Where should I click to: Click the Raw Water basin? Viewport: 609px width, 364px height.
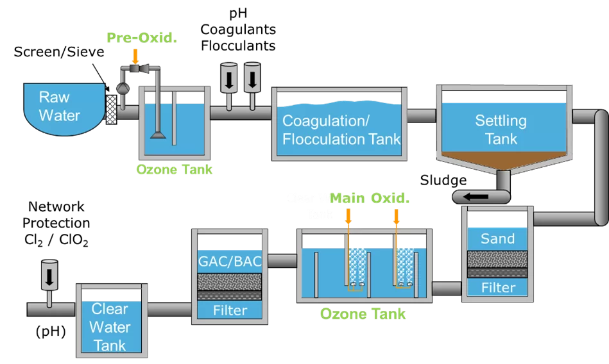click(60, 106)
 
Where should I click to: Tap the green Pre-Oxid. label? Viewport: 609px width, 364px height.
click(142, 38)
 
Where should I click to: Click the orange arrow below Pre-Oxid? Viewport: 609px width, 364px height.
click(135, 56)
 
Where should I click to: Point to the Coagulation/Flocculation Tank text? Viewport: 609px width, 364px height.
click(341, 129)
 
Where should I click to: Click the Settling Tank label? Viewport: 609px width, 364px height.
click(501, 129)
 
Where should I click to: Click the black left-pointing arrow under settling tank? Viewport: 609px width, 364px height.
click(481, 197)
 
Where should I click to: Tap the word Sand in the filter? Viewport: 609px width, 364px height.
click(497, 239)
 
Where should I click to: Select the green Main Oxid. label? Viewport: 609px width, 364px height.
click(370, 199)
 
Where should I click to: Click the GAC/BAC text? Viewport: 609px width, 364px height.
click(230, 261)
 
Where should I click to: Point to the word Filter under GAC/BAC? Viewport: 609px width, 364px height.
click(230, 310)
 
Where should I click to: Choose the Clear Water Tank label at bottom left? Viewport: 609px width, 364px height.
click(110, 327)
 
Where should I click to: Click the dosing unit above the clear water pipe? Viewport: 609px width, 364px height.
click(49, 274)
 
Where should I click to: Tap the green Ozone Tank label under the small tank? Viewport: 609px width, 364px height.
click(174, 170)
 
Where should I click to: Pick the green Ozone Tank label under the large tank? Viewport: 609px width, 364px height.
click(363, 314)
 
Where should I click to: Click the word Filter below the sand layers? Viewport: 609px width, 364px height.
click(497, 287)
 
